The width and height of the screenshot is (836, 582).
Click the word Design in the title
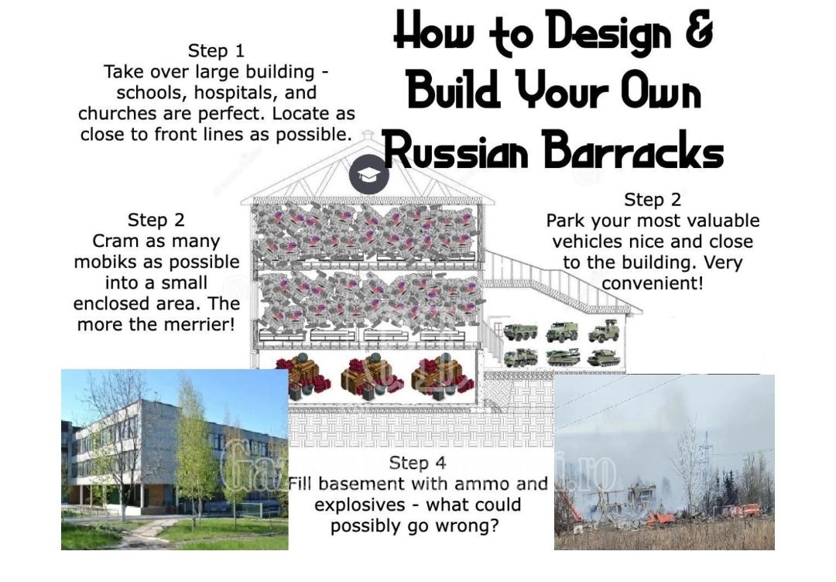tap(609, 34)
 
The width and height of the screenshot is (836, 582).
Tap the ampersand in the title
tap(698, 31)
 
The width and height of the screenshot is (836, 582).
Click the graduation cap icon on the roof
tap(368, 174)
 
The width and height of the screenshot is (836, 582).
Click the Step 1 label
tap(216, 51)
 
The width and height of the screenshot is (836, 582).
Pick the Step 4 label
tap(417, 463)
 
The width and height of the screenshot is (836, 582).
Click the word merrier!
tap(194, 324)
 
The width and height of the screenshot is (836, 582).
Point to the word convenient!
tap(653, 283)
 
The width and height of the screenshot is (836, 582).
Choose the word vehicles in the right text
tap(588, 241)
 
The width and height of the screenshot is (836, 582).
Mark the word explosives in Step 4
tap(359, 505)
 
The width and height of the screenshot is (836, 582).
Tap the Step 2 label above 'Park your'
tap(653, 200)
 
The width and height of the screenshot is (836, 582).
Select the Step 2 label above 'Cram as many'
tap(156, 220)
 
